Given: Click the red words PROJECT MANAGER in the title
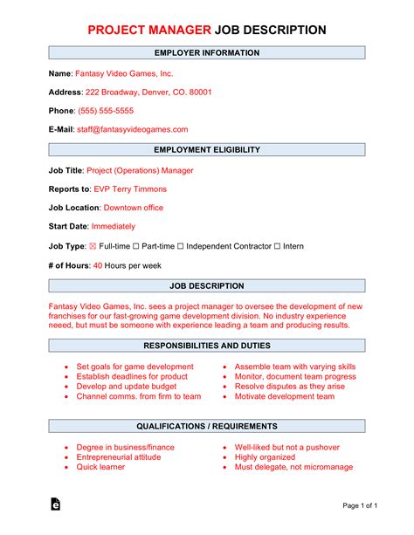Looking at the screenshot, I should [148, 30].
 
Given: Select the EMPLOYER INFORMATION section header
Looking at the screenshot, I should [206, 53].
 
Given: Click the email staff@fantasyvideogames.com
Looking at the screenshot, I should [133, 129].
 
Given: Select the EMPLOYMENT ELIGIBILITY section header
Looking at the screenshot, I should [206, 150].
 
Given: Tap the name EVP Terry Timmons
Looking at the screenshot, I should [130, 189].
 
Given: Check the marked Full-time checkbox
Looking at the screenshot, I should [93, 247].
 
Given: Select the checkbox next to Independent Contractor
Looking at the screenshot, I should [182, 247].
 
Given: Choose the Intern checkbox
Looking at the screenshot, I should [278, 247].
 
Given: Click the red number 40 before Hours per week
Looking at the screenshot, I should [98, 265].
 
